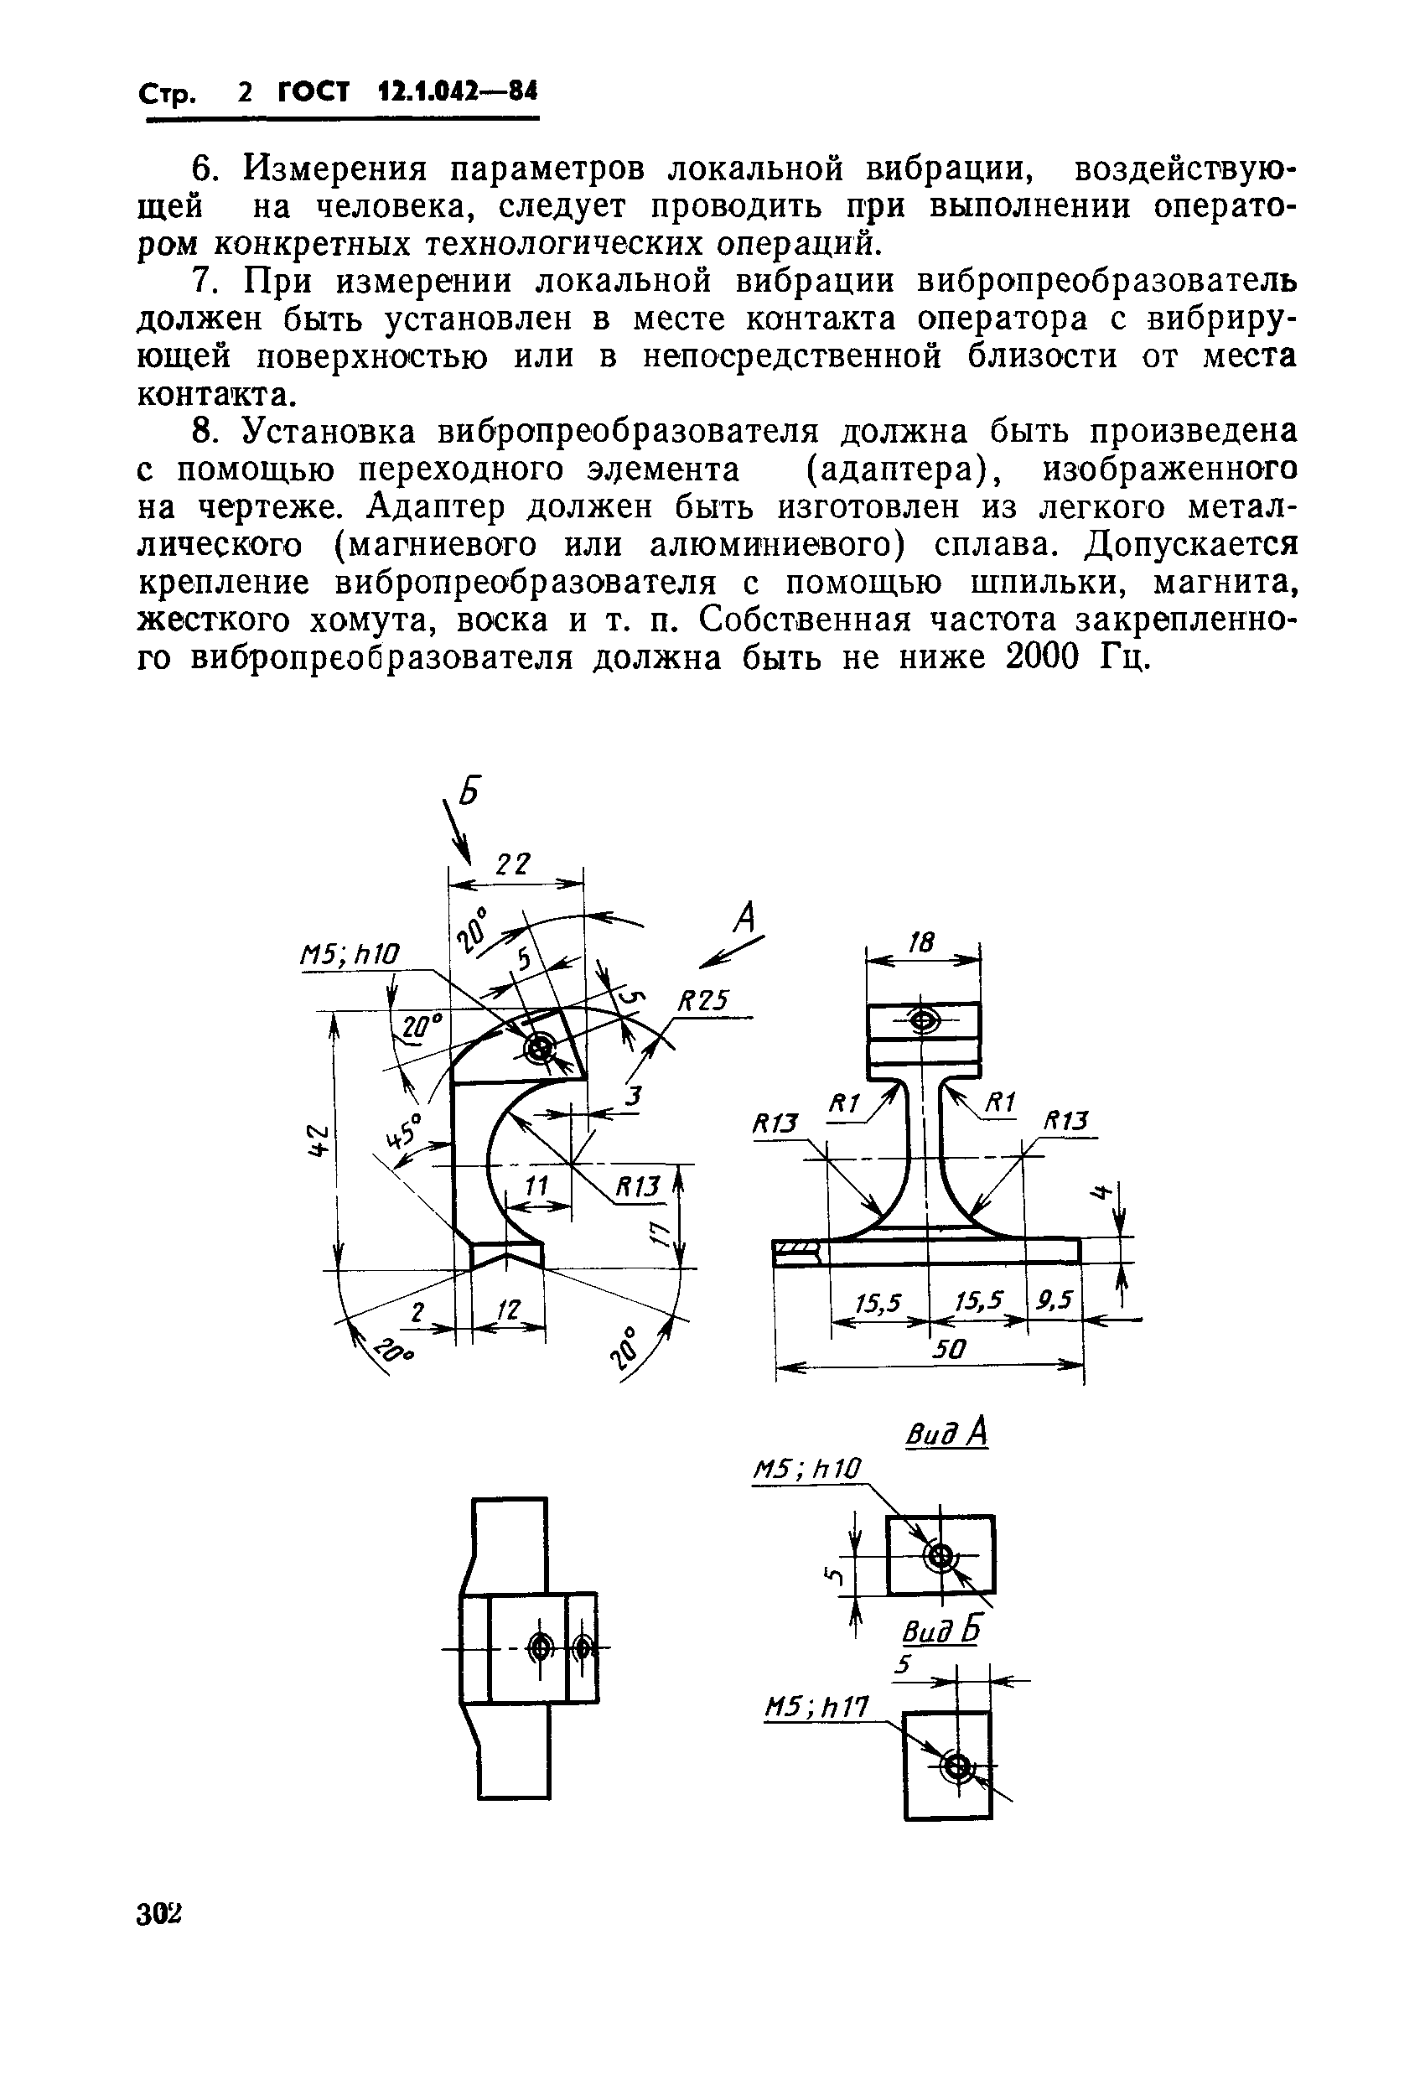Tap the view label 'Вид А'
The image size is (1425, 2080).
tap(946, 1434)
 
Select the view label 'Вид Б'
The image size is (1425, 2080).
tap(940, 1631)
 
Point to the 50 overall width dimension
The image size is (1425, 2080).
tap(948, 1349)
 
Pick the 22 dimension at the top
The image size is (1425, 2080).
tap(513, 864)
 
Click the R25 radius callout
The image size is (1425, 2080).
tap(703, 1001)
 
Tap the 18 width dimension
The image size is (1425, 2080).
tap(921, 941)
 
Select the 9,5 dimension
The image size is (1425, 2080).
tap(1054, 1299)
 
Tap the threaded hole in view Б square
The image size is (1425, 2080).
tap(957, 1766)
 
